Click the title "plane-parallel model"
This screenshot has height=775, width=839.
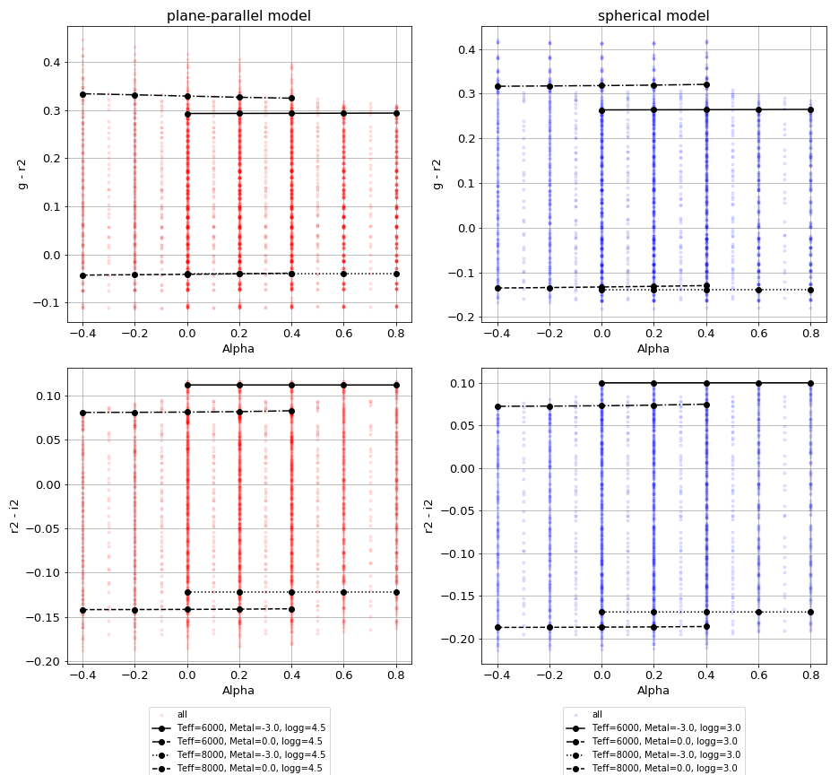tap(238, 16)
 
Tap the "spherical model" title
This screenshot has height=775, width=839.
tap(653, 16)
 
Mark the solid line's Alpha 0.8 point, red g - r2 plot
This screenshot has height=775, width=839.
tap(396, 113)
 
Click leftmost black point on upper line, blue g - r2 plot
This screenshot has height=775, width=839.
tap(497, 86)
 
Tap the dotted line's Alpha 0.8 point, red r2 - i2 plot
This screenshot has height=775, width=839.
tap(396, 592)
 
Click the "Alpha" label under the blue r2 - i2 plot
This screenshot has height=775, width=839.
tap(653, 691)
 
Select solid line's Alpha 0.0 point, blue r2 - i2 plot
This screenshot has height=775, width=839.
tap(601, 383)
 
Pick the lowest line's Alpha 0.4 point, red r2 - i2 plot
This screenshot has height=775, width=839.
tap(291, 609)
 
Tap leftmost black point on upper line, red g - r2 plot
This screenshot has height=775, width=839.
tap(82, 94)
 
